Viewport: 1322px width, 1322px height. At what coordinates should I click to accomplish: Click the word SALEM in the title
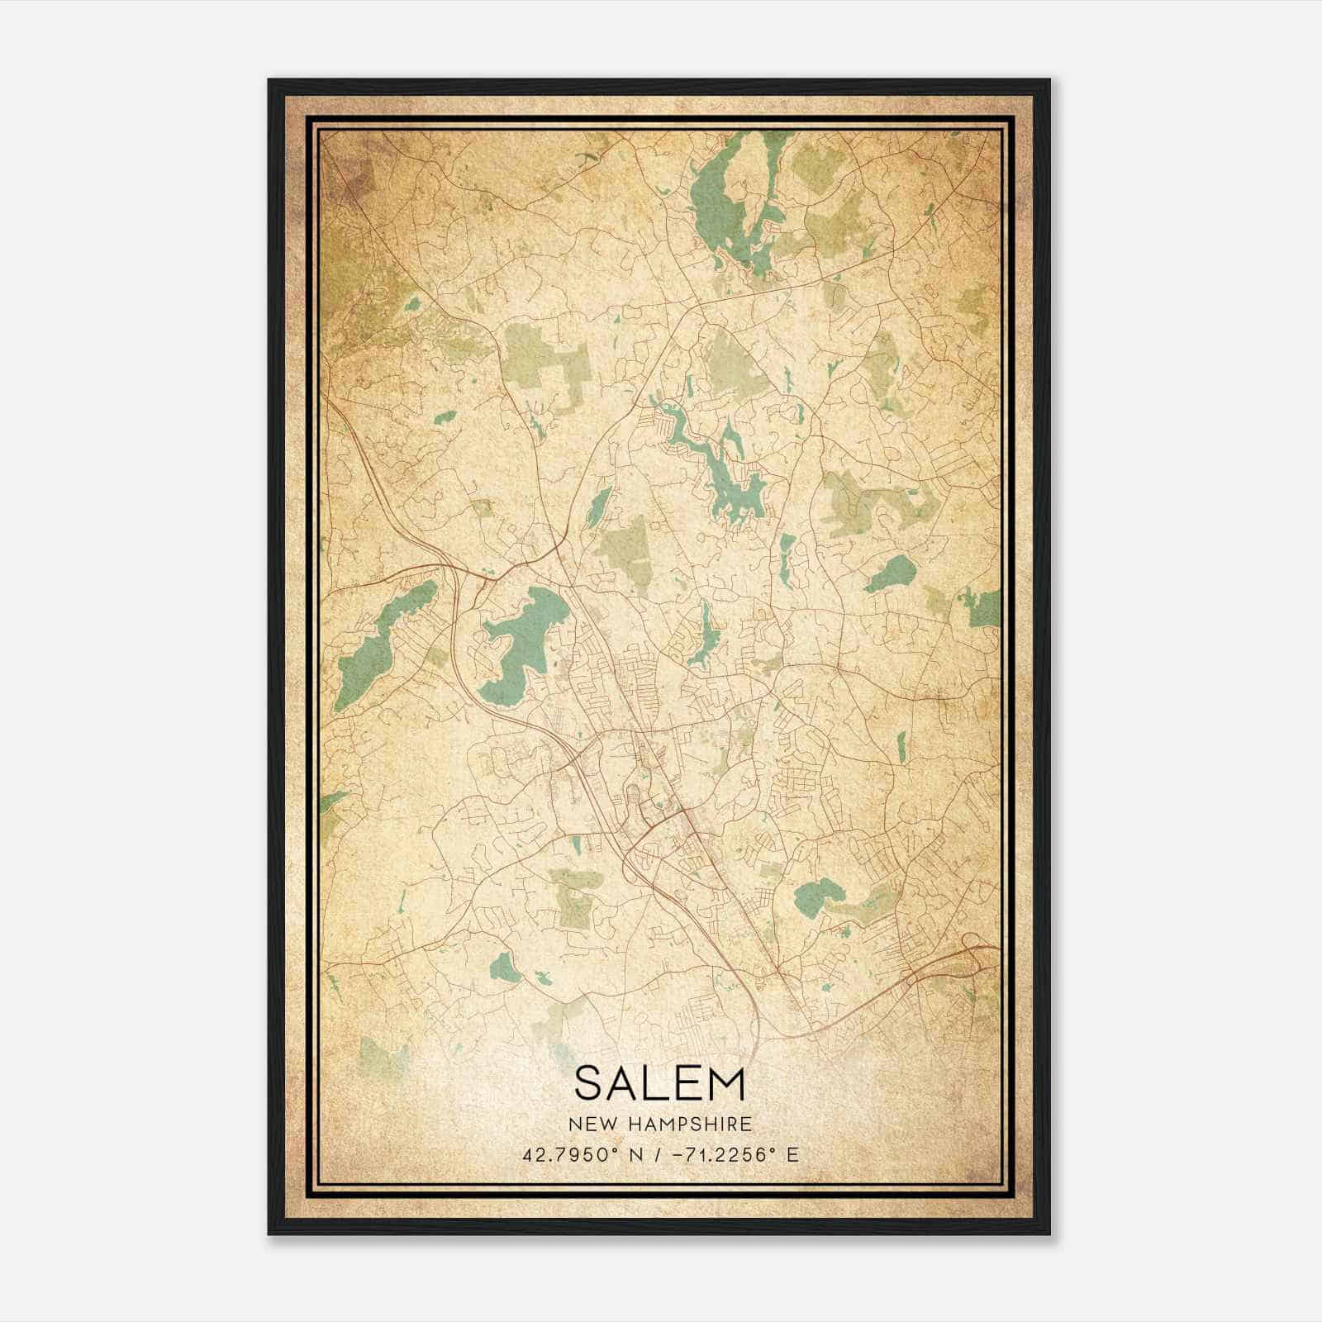[x=659, y=1083]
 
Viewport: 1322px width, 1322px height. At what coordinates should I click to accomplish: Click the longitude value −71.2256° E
[x=730, y=1154]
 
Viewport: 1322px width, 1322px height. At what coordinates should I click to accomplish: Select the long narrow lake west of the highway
[x=384, y=636]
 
